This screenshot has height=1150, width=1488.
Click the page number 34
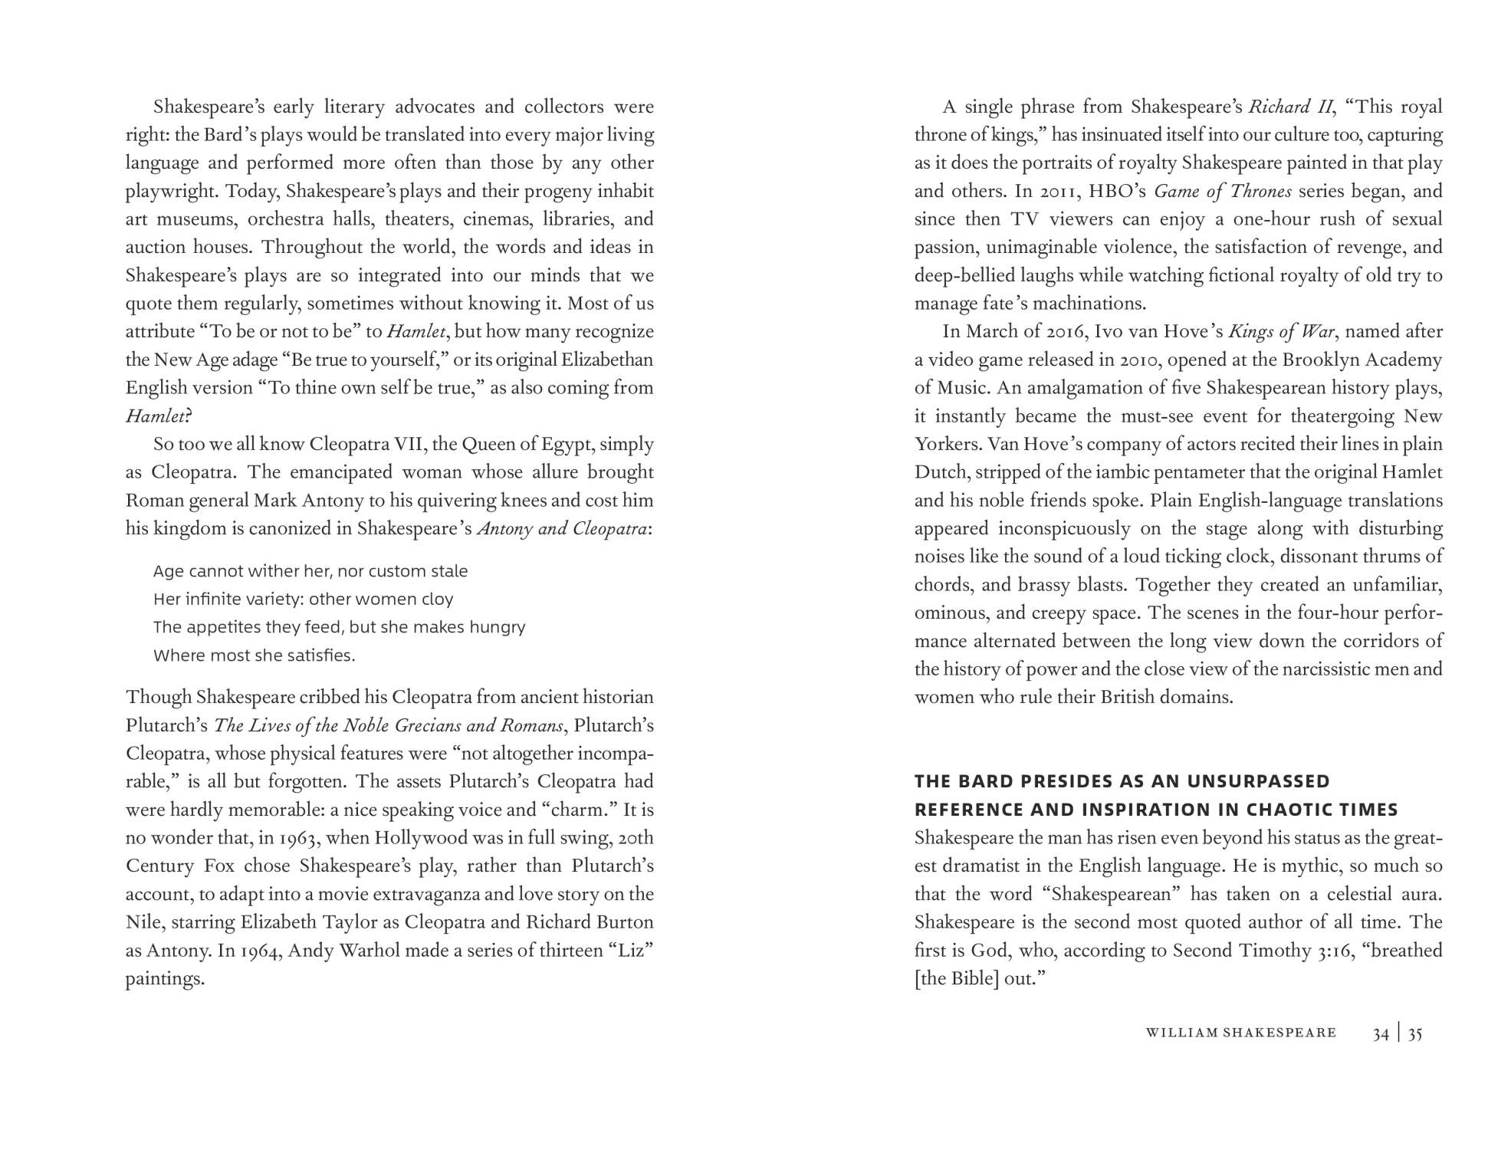[x=1381, y=1033]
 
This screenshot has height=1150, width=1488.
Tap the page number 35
[x=1415, y=1033]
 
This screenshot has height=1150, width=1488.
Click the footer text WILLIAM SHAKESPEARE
[x=1240, y=1033]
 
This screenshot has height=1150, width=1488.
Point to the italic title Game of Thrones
[x=1223, y=191]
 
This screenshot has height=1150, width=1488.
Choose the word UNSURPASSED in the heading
[x=1258, y=781]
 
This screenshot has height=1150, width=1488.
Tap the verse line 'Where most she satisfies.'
[x=255, y=655]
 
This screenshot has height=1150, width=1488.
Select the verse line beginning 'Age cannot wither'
[x=310, y=571]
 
